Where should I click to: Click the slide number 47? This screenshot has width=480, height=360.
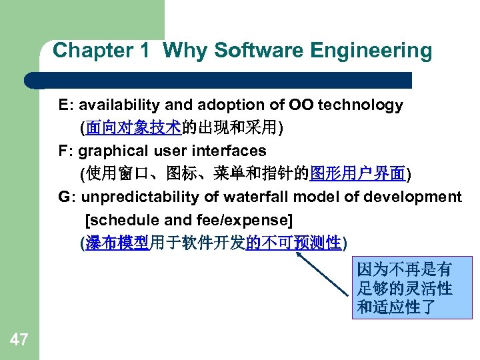(19, 340)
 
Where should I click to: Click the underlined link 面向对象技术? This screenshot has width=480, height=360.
(133, 128)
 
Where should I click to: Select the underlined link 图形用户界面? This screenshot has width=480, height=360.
(358, 174)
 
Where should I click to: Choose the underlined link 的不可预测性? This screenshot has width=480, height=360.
(294, 243)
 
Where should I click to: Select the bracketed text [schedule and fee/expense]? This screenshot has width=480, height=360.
(189, 220)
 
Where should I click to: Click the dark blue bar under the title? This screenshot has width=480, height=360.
(220, 80)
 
